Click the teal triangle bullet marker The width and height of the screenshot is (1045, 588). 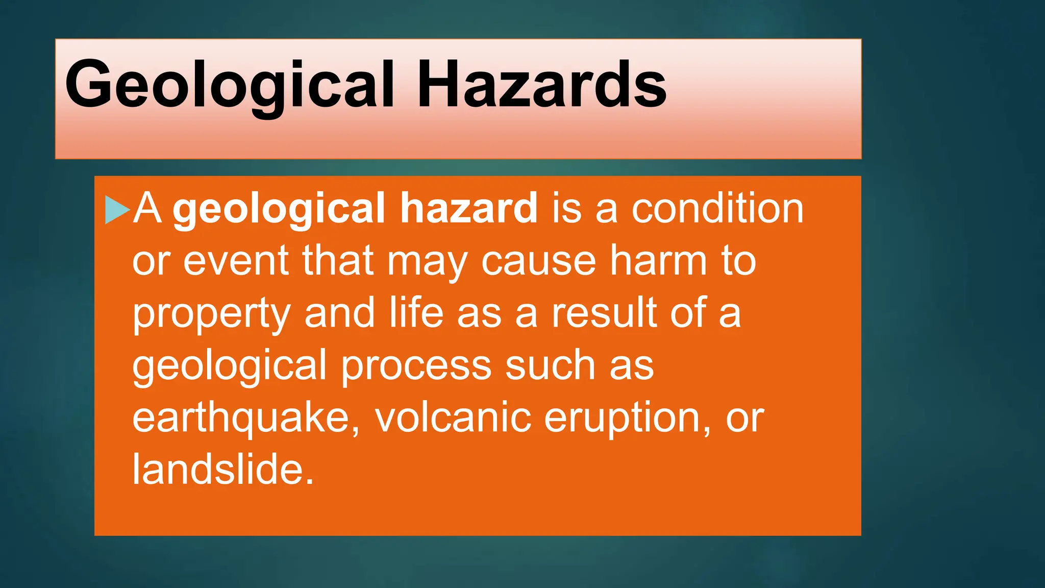[117, 209]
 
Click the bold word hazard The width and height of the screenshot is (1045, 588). [468, 208]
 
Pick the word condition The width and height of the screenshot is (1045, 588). [717, 208]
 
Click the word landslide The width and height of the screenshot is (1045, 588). [222, 470]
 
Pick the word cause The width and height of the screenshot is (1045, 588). [538, 261]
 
